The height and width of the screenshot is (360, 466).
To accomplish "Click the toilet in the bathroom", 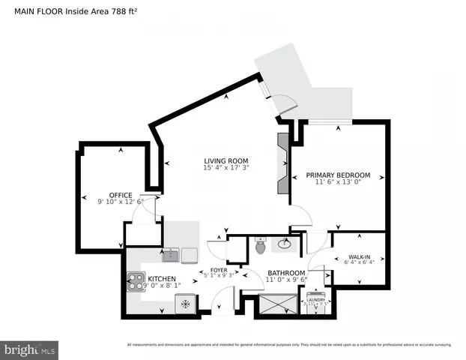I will point(260,245).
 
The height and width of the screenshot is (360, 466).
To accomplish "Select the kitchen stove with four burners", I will point(136,282).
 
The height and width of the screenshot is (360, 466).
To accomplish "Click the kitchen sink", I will point(171,256).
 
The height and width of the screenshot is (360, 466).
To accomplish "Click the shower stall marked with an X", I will point(276,304).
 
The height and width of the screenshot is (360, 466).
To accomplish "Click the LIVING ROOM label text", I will point(226,161).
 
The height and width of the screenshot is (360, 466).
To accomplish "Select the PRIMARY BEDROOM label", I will point(338,175).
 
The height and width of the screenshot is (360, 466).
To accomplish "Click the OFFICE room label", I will point(121,194).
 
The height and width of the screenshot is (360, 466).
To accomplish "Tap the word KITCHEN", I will point(161,278).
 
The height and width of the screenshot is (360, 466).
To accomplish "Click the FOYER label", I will point(218,270).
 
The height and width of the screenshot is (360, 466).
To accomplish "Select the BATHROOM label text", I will point(285,273).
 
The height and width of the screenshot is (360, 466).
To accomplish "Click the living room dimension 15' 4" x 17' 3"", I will point(226,169).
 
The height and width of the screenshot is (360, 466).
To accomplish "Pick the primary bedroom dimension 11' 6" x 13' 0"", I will point(338,183).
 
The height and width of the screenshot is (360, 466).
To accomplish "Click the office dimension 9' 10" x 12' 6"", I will point(121,202).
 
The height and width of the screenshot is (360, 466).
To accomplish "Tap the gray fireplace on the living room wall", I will point(282,163).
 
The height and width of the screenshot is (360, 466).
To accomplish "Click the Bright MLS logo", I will point(30,349).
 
